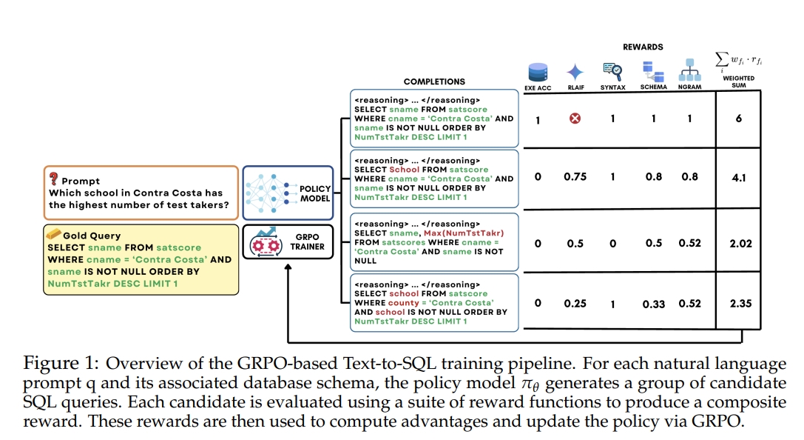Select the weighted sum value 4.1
[x=738, y=178]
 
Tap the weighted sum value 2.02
[x=740, y=243]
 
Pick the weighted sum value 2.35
[x=740, y=303]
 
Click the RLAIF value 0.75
[x=575, y=178]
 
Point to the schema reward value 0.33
[x=654, y=304]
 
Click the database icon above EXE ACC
[x=537, y=73]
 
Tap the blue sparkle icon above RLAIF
[x=575, y=73]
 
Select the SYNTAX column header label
[x=613, y=87]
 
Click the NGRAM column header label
[x=689, y=87]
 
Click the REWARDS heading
[x=643, y=47]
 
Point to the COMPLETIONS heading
[x=434, y=81]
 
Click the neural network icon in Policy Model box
[x=265, y=189]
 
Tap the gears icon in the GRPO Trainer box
[x=266, y=245]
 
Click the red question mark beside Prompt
[x=54, y=179]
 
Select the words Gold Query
[x=91, y=236]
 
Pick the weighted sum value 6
[x=739, y=119]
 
